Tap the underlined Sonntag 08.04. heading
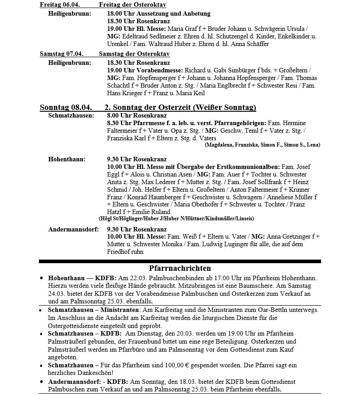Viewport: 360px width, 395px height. click(x=65, y=107)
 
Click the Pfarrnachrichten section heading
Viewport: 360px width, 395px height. click(x=180, y=268)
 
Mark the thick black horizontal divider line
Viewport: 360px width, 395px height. click(x=180, y=261)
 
